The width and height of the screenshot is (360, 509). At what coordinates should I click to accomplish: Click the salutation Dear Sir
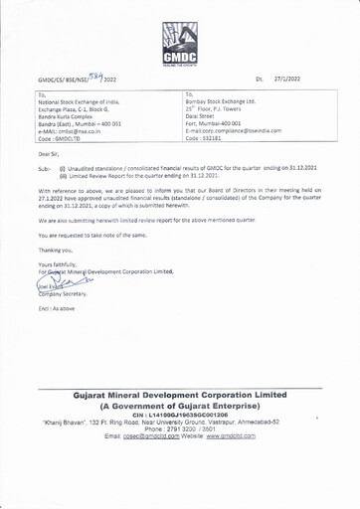49,155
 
